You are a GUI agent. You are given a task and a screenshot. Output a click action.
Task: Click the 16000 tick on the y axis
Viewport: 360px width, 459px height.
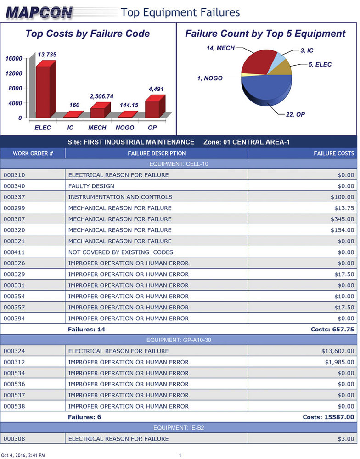click(x=14, y=58)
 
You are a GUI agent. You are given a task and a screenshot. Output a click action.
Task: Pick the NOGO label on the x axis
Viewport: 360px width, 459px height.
click(x=125, y=128)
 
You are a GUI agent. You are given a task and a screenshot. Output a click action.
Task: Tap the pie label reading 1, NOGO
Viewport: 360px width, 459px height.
click(x=210, y=78)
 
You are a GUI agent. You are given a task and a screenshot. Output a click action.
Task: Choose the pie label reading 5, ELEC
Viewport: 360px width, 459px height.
click(x=320, y=65)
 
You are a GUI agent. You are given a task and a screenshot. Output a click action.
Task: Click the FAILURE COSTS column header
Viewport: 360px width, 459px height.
click(x=334, y=153)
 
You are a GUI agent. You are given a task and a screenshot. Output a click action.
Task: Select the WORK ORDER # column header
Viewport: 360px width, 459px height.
click(x=33, y=153)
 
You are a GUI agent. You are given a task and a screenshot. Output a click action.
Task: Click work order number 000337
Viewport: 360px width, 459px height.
click(x=14, y=197)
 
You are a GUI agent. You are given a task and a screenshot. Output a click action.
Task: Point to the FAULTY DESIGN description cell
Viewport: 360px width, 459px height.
click(x=91, y=186)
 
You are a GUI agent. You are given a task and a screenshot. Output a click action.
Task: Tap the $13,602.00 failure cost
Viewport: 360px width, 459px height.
click(x=337, y=351)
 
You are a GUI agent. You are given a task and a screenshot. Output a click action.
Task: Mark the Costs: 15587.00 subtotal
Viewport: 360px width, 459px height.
click(x=328, y=417)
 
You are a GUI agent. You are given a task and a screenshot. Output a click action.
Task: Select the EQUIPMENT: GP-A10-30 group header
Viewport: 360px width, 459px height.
click(x=179, y=340)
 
